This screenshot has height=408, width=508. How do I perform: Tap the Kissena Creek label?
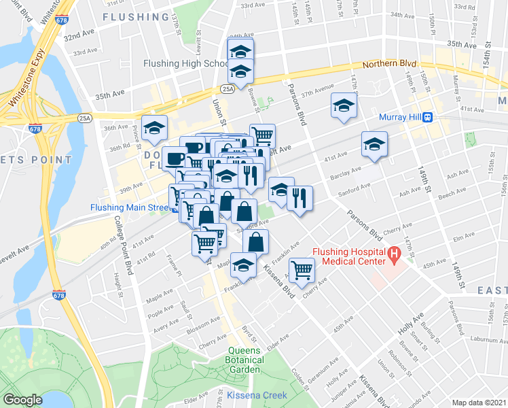coord(257,395)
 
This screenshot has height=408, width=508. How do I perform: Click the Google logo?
coord(22,400)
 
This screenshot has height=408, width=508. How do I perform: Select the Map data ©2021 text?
coord(479,403)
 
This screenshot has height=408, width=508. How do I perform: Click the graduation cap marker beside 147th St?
coord(344,105)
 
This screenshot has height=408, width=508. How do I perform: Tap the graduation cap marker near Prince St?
coord(155,128)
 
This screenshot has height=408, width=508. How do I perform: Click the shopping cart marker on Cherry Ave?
coord(301,270)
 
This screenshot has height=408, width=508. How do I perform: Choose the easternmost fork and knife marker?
coord(300,198)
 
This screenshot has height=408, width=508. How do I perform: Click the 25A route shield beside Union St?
coord(227,88)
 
